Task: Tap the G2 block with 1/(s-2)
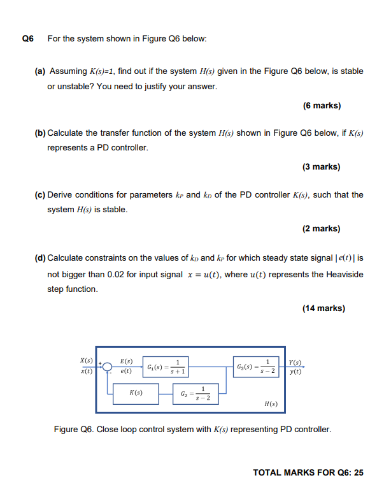(x=200, y=393)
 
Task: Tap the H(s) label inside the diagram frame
(x=271, y=404)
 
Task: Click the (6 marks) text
(x=322, y=105)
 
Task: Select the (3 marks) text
(x=322, y=166)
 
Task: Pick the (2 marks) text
(x=322, y=228)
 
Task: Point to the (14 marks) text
(x=324, y=309)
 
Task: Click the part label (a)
(x=39, y=71)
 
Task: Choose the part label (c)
(x=39, y=194)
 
